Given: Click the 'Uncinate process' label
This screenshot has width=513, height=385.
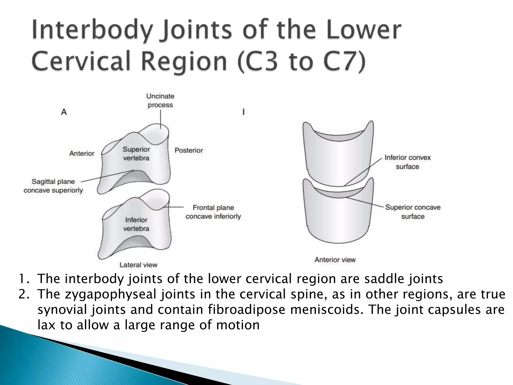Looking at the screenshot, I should point(160,101).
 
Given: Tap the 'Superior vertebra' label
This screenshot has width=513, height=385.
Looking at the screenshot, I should point(136,154).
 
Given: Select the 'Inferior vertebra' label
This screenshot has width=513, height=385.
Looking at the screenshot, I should point(136,224).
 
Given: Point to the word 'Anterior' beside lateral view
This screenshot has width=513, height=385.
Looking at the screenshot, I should point(82,153).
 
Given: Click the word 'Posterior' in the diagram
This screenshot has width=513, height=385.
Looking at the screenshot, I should point(189,150).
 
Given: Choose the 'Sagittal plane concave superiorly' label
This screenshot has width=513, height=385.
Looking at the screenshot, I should point(53,186).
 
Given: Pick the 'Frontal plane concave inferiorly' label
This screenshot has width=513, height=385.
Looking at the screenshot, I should point(213,212).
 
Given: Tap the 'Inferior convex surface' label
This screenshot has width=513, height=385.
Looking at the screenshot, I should point(408,162).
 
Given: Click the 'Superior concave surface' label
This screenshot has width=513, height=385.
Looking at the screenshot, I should point(413,212).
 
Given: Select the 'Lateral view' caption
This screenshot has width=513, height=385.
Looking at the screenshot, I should point(138,265).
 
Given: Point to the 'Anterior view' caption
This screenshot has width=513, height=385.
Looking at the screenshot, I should point(335,260).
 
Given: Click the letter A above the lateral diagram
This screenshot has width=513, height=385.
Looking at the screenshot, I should point(64,112).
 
